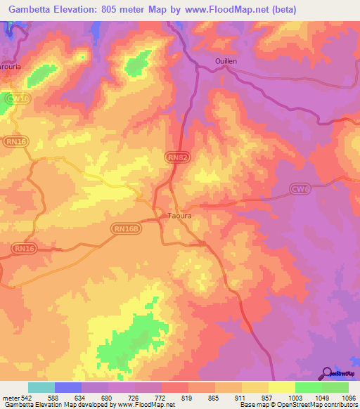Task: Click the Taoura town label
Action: (179, 216)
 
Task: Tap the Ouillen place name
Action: (226, 61)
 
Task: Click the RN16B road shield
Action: (126, 228)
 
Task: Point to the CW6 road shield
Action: (300, 188)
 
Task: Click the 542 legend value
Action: (25, 398)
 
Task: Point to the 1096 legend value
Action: (348, 398)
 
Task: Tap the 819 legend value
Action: (187, 398)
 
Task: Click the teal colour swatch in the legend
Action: (41, 387)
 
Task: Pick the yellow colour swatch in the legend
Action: (281, 387)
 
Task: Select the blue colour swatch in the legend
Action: (68, 387)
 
